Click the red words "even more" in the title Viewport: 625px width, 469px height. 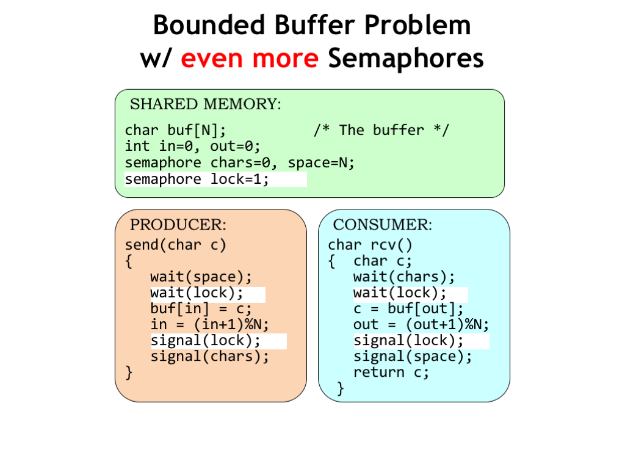click(x=250, y=58)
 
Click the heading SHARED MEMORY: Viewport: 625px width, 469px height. click(x=206, y=104)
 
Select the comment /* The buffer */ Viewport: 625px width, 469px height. click(x=381, y=130)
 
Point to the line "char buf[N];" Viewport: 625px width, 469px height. click(x=175, y=131)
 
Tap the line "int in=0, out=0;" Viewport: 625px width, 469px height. click(x=192, y=147)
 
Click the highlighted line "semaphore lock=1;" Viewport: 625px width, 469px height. click(x=197, y=180)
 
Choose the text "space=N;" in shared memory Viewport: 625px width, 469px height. click(x=321, y=162)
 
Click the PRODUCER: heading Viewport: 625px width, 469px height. click(x=178, y=225)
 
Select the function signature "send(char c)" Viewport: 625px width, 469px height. click(x=175, y=245)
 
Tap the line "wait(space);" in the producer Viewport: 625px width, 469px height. click(x=201, y=277)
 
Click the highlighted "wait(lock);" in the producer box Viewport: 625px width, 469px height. click(x=197, y=293)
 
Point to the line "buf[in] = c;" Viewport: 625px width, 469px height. click(x=201, y=309)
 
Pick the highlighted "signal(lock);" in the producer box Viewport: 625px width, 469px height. click(x=205, y=341)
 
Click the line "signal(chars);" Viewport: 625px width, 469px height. click(x=210, y=357)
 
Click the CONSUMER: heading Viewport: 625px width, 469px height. click(x=382, y=225)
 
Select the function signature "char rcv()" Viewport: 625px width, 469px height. click(x=370, y=245)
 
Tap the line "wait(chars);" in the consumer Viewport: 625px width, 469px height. click(x=404, y=277)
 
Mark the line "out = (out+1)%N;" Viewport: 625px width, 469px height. click(x=421, y=325)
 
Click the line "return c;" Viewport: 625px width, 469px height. click(x=391, y=373)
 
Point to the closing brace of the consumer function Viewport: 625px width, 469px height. click(x=341, y=388)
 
